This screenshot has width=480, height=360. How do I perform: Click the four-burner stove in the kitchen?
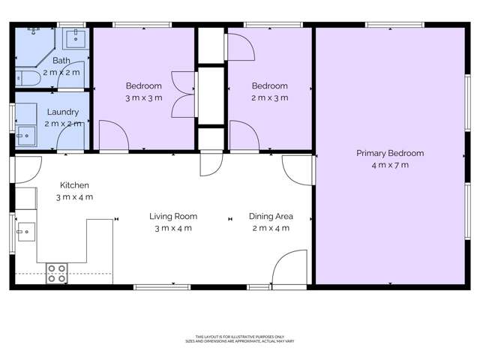(57, 273)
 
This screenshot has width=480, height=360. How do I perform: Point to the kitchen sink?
(25, 231)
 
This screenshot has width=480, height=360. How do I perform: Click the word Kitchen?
(74, 185)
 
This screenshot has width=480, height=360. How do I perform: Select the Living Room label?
(172, 217)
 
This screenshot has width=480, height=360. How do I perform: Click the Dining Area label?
(271, 217)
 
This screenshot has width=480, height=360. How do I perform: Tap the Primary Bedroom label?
(389, 153)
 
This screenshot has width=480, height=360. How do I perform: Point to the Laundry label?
(61, 112)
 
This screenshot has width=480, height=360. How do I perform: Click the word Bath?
(61, 61)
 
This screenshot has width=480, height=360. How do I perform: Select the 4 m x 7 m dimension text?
(389, 165)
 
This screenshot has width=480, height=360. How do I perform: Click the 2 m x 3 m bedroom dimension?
(270, 97)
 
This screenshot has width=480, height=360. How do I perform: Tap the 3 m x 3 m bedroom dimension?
(143, 97)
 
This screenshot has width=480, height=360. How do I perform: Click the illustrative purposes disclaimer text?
(239, 338)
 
